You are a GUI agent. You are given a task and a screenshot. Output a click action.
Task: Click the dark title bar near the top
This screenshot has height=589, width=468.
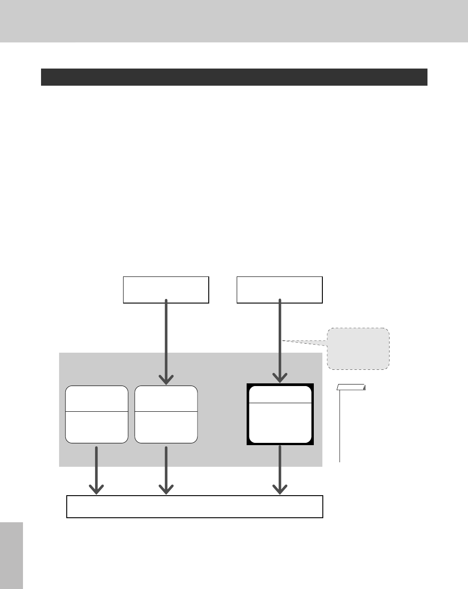pos(234,77)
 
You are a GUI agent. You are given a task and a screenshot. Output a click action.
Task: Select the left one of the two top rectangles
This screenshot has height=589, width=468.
pos(166,290)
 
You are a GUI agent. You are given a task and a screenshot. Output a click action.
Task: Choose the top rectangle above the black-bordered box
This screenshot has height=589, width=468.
pos(280,290)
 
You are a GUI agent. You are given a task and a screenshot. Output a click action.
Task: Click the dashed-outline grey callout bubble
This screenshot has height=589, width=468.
pos(358,349)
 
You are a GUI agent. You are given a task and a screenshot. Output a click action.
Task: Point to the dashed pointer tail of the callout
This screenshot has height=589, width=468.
pos(304,342)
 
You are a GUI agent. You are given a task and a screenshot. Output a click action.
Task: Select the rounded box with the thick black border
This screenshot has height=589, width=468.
pos(280,414)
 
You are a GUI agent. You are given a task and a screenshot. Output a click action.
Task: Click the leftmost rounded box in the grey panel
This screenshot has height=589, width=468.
pos(96,414)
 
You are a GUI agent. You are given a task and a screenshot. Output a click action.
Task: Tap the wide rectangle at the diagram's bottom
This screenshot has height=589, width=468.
pos(195,506)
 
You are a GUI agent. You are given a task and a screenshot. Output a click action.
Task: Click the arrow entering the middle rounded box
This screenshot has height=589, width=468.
pos(166,343)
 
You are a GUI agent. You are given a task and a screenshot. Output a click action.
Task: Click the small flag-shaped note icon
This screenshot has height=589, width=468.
pos(351,387)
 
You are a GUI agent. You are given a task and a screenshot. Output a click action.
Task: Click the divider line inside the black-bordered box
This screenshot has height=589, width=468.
pos(280,403)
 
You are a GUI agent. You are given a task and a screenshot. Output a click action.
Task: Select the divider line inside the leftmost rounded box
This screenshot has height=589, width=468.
pos(96,411)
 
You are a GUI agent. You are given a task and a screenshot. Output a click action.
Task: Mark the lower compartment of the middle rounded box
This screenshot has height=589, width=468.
pos(166,427)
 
